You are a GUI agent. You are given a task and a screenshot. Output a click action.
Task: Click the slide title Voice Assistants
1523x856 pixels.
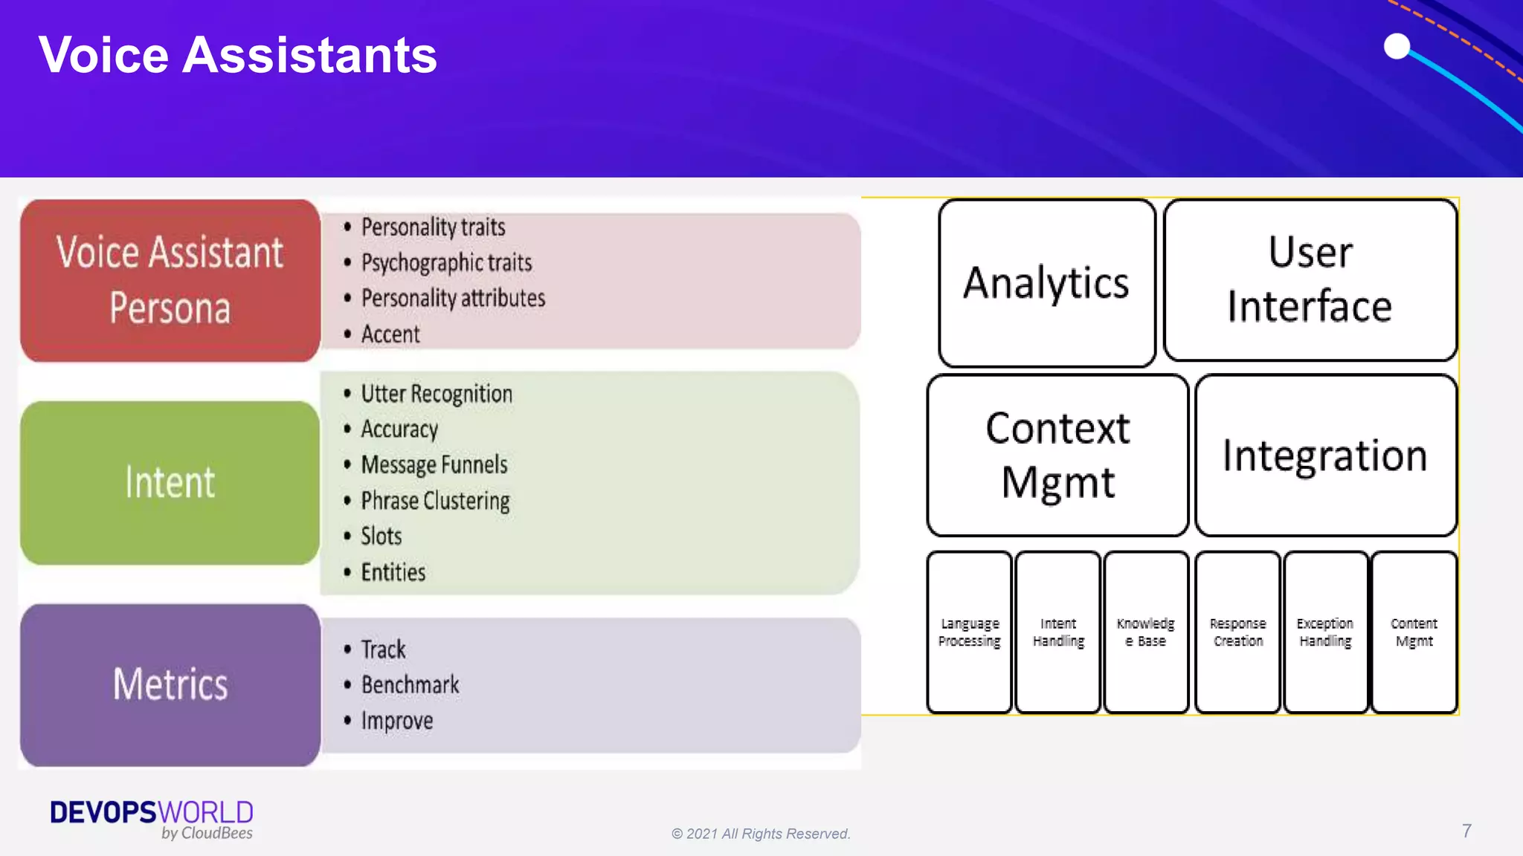pyautogui.click(x=238, y=55)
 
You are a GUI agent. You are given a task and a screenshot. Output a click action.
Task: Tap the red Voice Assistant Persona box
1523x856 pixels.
pyautogui.click(x=170, y=280)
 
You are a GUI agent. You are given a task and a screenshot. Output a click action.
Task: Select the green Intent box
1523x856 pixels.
pyautogui.click(x=170, y=482)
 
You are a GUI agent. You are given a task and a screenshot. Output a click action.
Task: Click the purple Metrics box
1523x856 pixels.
pyautogui.click(x=170, y=684)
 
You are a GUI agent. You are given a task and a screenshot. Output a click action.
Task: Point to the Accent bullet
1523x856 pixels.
pyautogui.click(x=390, y=334)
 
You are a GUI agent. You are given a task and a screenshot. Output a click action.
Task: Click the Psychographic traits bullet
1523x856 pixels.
pyautogui.click(x=446, y=262)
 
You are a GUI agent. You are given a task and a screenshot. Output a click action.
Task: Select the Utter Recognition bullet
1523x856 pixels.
pyautogui.click(x=437, y=393)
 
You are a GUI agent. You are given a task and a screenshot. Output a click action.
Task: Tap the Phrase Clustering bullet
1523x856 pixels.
pyautogui.click(x=435, y=501)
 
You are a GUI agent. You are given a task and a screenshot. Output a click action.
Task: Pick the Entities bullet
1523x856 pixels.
pyautogui.click(x=393, y=572)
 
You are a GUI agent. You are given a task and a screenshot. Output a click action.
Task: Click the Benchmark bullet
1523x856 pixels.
pyautogui.click(x=410, y=684)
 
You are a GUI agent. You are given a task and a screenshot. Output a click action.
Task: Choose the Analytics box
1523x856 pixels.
pyautogui.click(x=1046, y=283)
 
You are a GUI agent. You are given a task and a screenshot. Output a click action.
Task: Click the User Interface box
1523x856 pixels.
pyautogui.click(x=1310, y=279)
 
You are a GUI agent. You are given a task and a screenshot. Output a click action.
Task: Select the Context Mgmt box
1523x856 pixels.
pyautogui.click(x=1057, y=455)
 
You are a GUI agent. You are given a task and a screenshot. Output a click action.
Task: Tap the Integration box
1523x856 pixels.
pyautogui.click(x=1325, y=455)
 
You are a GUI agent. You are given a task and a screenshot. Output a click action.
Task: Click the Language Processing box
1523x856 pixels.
pyautogui.click(x=969, y=632)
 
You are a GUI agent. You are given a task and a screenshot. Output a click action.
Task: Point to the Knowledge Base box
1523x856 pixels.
pyautogui.click(x=1146, y=632)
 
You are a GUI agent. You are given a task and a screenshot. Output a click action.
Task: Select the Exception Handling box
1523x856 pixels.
pyautogui.click(x=1325, y=632)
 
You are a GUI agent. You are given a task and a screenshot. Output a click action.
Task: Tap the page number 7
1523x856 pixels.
pyautogui.click(x=1466, y=831)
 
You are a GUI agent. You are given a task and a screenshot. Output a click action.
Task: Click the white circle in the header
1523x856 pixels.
pyautogui.click(x=1397, y=46)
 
